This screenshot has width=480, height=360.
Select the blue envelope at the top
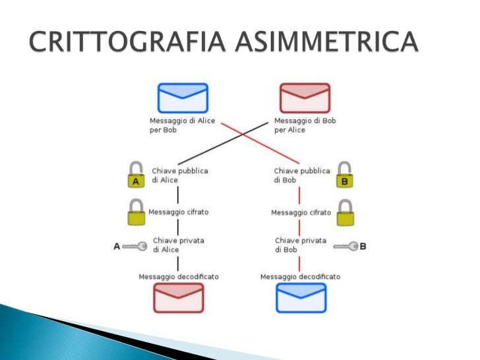(x=183, y=98)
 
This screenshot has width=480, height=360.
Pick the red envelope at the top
(x=304, y=98)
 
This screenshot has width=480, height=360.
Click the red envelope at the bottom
(x=179, y=297)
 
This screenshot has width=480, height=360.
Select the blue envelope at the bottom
(x=301, y=297)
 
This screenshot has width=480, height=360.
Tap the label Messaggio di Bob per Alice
(x=304, y=125)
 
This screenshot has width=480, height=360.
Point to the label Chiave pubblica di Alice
(x=180, y=175)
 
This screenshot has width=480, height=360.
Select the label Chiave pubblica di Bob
(x=301, y=175)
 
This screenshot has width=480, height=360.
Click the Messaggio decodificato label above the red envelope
(x=178, y=276)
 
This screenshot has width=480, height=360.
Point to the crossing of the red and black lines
(x=244, y=135)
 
